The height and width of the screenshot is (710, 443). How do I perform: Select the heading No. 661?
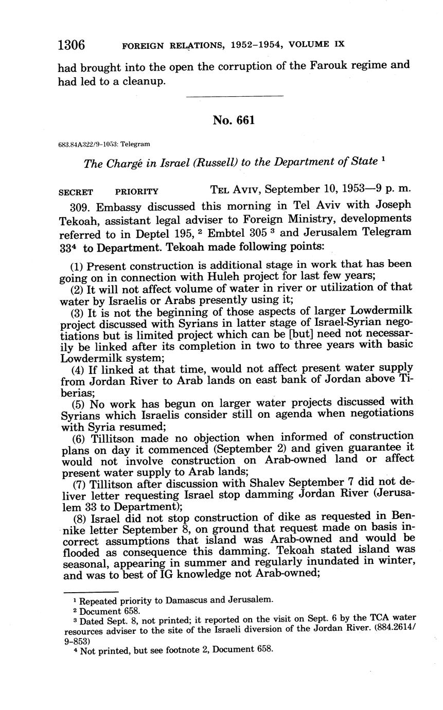click(234, 120)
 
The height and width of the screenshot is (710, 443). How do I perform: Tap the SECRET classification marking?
click(76, 192)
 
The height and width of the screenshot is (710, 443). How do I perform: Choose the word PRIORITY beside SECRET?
click(137, 192)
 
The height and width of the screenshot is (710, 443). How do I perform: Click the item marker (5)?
click(78, 402)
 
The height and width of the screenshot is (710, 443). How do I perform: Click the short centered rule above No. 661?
click(234, 96)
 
